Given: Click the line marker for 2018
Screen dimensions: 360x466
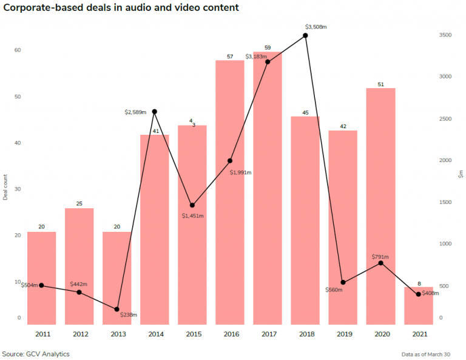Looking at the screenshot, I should coord(305,36).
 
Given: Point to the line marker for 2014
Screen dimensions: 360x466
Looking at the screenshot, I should coord(155,112).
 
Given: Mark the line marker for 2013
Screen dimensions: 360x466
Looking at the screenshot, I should coord(117,309).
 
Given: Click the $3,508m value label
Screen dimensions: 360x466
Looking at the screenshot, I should coord(316,27).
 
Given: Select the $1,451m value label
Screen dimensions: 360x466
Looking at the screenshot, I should coord(193,216).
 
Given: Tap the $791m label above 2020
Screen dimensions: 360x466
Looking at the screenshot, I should coord(380,257).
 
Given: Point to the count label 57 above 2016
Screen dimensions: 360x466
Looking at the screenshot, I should coord(229,56).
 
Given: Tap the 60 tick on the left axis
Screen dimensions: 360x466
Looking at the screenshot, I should coord(18,50).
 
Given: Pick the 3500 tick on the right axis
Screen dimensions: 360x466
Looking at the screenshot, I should coord(445,36).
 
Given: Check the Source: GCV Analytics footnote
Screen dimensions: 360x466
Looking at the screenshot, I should coord(36,353).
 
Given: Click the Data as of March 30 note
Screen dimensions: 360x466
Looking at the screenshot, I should coord(426,354).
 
